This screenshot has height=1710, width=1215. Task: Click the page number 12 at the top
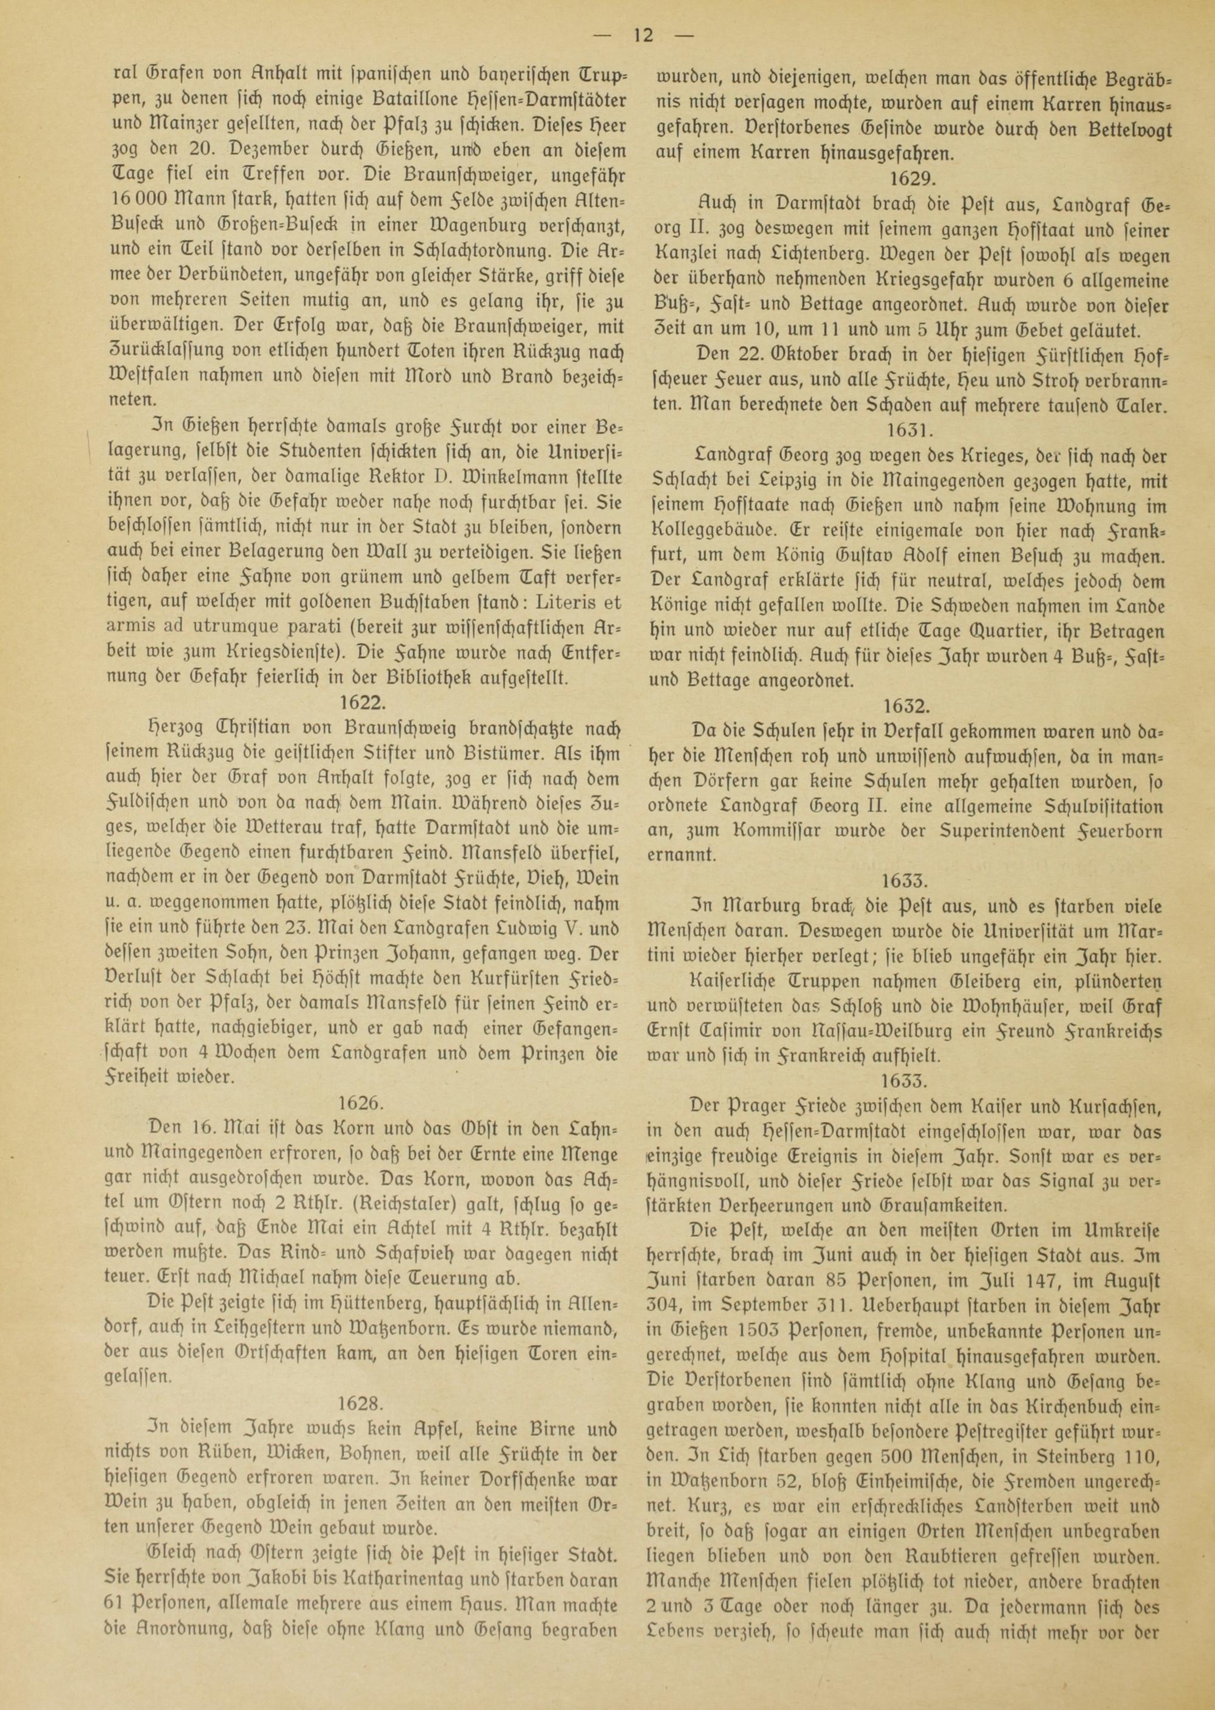point(643,35)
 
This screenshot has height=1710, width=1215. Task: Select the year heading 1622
point(363,701)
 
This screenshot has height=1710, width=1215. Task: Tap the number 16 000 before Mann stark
point(142,199)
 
